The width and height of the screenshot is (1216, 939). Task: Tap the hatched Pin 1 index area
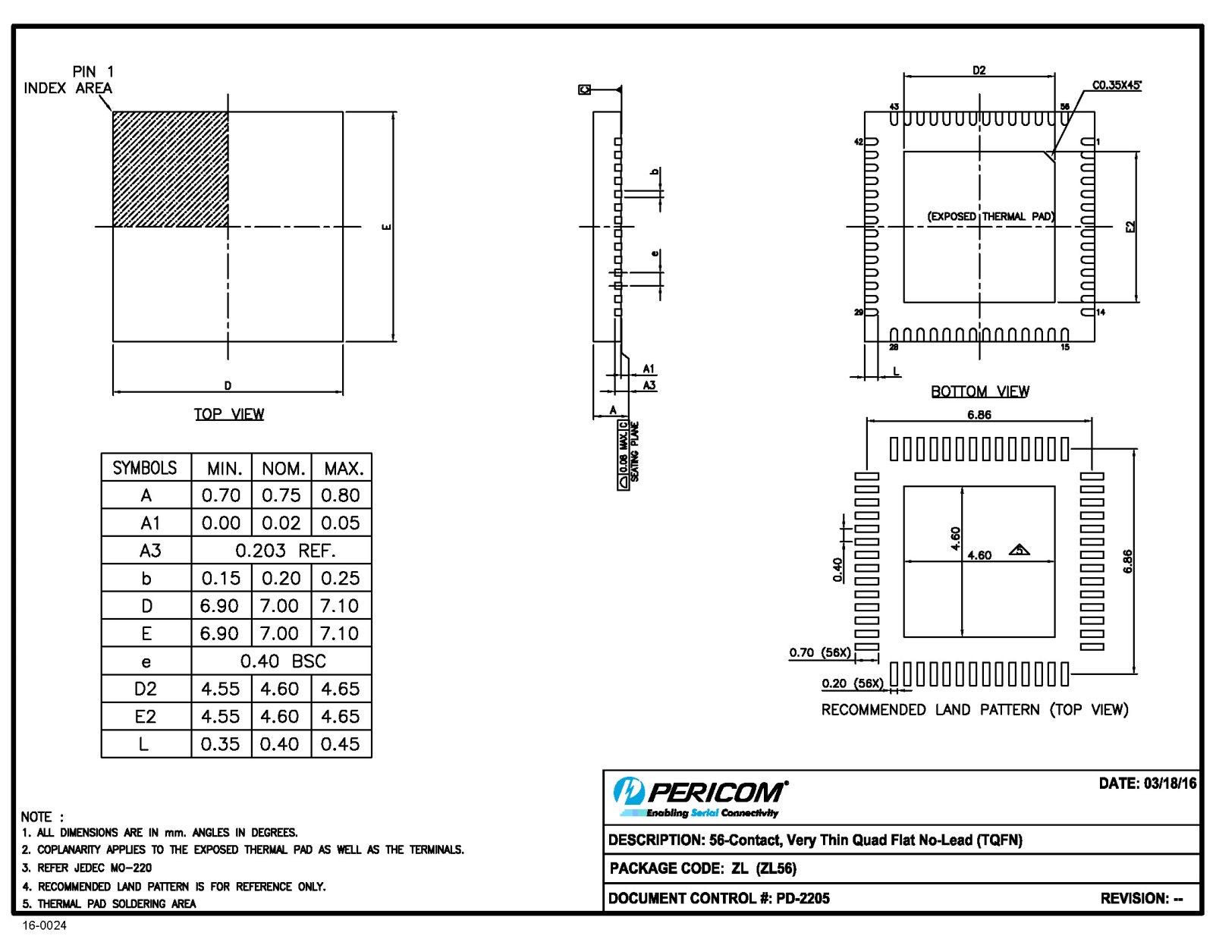[171, 169]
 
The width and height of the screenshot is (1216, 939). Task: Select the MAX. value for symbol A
[340, 495]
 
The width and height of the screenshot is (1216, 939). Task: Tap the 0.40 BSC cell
[282, 661]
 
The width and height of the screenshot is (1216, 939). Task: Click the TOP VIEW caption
[229, 414]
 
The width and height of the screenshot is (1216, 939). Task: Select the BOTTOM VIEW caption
[979, 391]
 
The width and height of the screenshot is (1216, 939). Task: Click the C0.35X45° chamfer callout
[1116, 86]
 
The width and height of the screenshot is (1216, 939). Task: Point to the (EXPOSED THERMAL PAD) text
[990, 216]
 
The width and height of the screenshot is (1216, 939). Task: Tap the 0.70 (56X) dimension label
[819, 652]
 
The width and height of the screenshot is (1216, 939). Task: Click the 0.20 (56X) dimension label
[852, 683]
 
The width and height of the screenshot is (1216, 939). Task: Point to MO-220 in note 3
[130, 868]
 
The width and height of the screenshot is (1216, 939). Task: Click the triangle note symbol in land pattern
[1019, 550]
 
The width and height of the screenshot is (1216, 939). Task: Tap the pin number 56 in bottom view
[1064, 106]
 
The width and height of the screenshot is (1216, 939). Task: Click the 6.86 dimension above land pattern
[979, 415]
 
